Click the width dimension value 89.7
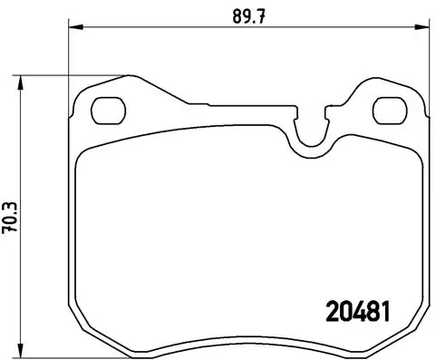246,15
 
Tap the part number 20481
357,309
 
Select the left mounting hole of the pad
111,110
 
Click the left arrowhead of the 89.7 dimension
75,30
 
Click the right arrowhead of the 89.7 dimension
421,30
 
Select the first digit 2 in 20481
331,309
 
